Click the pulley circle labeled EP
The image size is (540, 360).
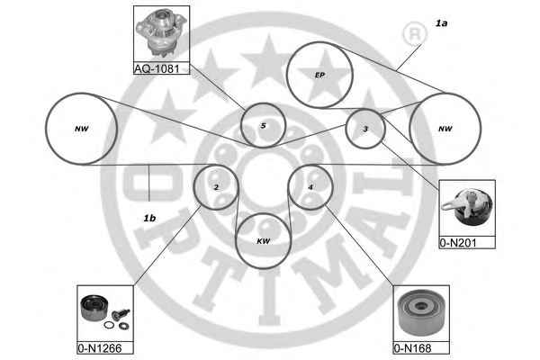click(x=319, y=75)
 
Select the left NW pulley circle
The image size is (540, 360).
click(x=82, y=129)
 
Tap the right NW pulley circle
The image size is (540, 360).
click(x=445, y=129)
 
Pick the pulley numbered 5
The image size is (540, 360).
click(x=263, y=126)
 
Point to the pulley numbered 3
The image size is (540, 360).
click(x=365, y=130)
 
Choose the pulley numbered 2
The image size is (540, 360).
click(x=216, y=187)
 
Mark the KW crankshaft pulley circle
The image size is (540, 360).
click(x=263, y=240)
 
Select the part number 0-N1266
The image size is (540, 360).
click(x=98, y=347)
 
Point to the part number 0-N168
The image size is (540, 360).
click(x=414, y=347)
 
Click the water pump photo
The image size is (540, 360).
click(x=161, y=33)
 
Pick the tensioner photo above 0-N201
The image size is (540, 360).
click(x=466, y=209)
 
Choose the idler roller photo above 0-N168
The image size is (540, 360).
click(x=420, y=313)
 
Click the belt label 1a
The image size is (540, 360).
click(x=440, y=23)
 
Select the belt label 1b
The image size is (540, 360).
click(x=149, y=218)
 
